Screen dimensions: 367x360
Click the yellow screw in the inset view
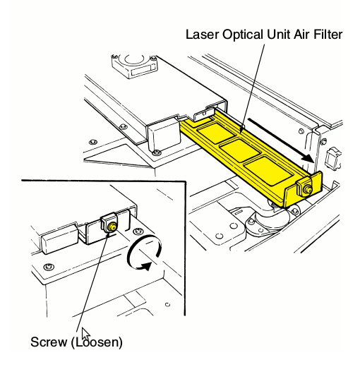point(112,226)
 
